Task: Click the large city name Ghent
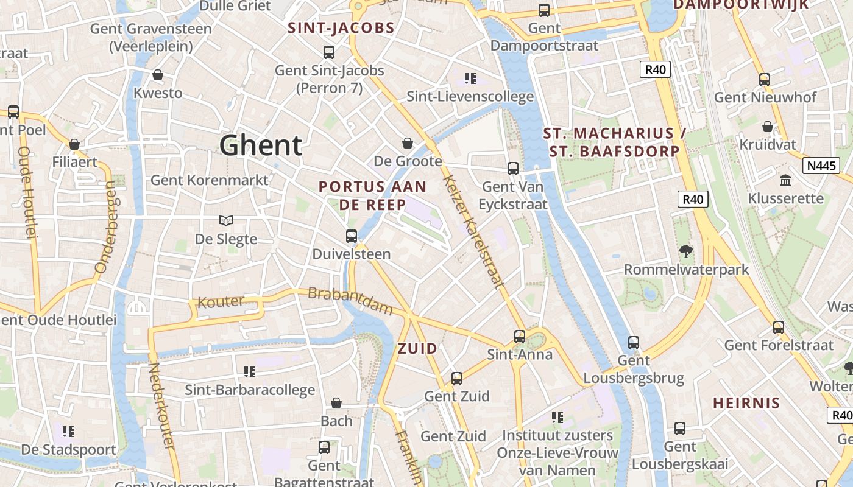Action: coord(261,145)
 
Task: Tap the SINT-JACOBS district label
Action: coord(341,28)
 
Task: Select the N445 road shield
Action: coord(821,166)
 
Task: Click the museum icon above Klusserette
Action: coord(785,181)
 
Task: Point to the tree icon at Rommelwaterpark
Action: coord(686,251)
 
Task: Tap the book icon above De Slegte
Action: coord(226,221)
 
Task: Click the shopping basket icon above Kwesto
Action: coord(158,75)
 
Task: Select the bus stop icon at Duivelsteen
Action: coord(352,236)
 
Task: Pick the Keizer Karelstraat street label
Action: coord(474,231)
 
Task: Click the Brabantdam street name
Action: coord(350,301)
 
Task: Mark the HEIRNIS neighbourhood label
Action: coord(746,403)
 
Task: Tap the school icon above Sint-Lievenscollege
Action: coord(470,78)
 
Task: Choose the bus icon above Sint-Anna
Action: coord(520,336)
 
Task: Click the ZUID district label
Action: coord(417,349)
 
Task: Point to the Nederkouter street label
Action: coord(162,406)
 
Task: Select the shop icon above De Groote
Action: coord(408,143)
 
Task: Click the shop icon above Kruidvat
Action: coord(768,127)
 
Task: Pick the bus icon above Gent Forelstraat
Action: coord(779,328)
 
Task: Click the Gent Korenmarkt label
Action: coord(209,180)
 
